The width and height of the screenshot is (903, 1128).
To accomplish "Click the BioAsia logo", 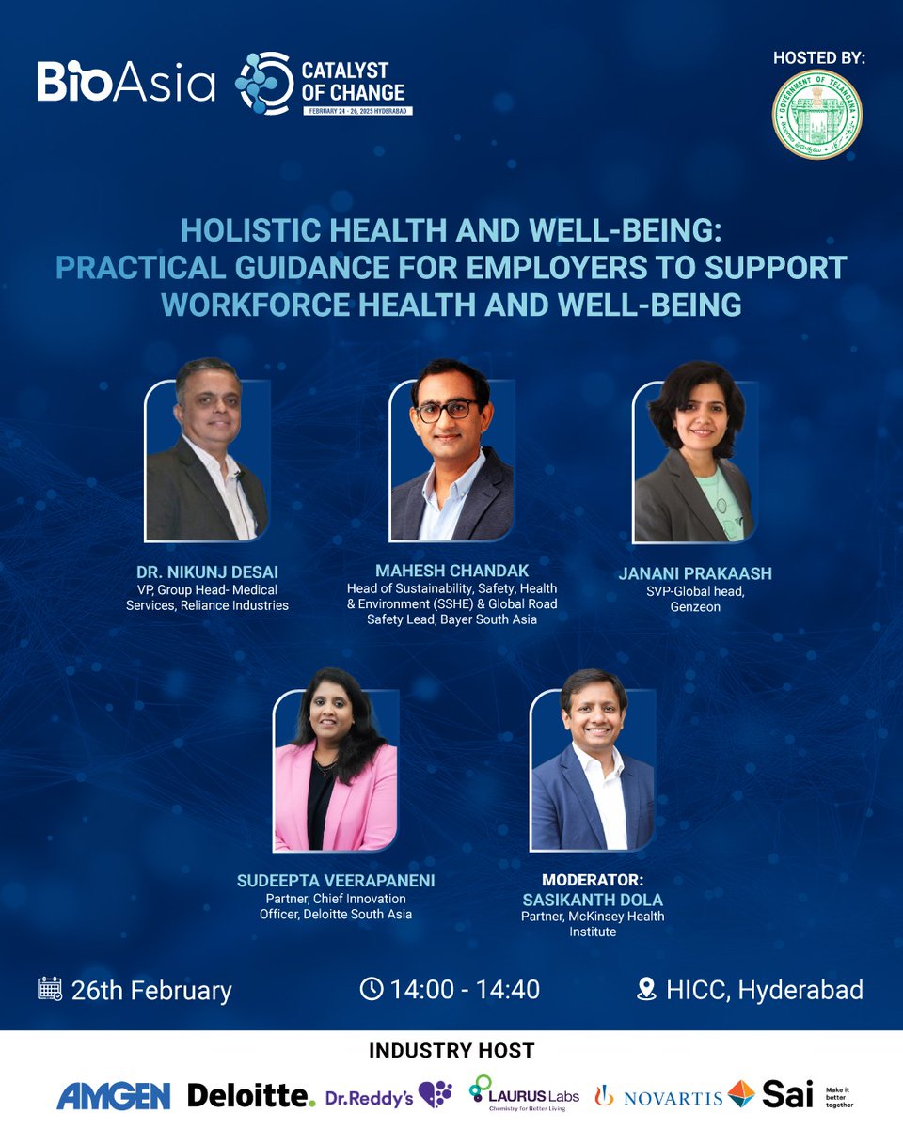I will tap(126, 82).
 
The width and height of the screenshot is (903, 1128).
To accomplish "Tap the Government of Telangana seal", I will tap(816, 114).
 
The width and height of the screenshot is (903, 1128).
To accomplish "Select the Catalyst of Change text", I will tap(354, 82).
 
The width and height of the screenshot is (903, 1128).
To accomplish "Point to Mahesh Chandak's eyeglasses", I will tap(449, 411).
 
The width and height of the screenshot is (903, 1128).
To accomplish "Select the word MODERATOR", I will tap(593, 882).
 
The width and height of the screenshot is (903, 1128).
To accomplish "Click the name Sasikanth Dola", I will tap(593, 900).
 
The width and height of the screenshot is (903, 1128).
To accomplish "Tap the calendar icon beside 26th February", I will tap(50, 989).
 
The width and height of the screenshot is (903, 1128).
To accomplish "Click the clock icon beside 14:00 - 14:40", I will tap(372, 989).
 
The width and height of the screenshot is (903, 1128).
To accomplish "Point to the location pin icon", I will tap(646, 989).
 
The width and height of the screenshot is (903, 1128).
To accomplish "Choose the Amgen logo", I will tap(114, 1095).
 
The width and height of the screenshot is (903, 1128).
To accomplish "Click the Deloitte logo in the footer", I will tap(251, 1095).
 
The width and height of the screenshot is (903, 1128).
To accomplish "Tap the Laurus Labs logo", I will tap(524, 1094).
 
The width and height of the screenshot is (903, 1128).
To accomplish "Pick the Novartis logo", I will tap(658, 1096).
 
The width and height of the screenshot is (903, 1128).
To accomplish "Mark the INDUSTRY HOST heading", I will tap(451, 1050).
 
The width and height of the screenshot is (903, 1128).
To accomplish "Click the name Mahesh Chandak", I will tap(451, 571).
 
